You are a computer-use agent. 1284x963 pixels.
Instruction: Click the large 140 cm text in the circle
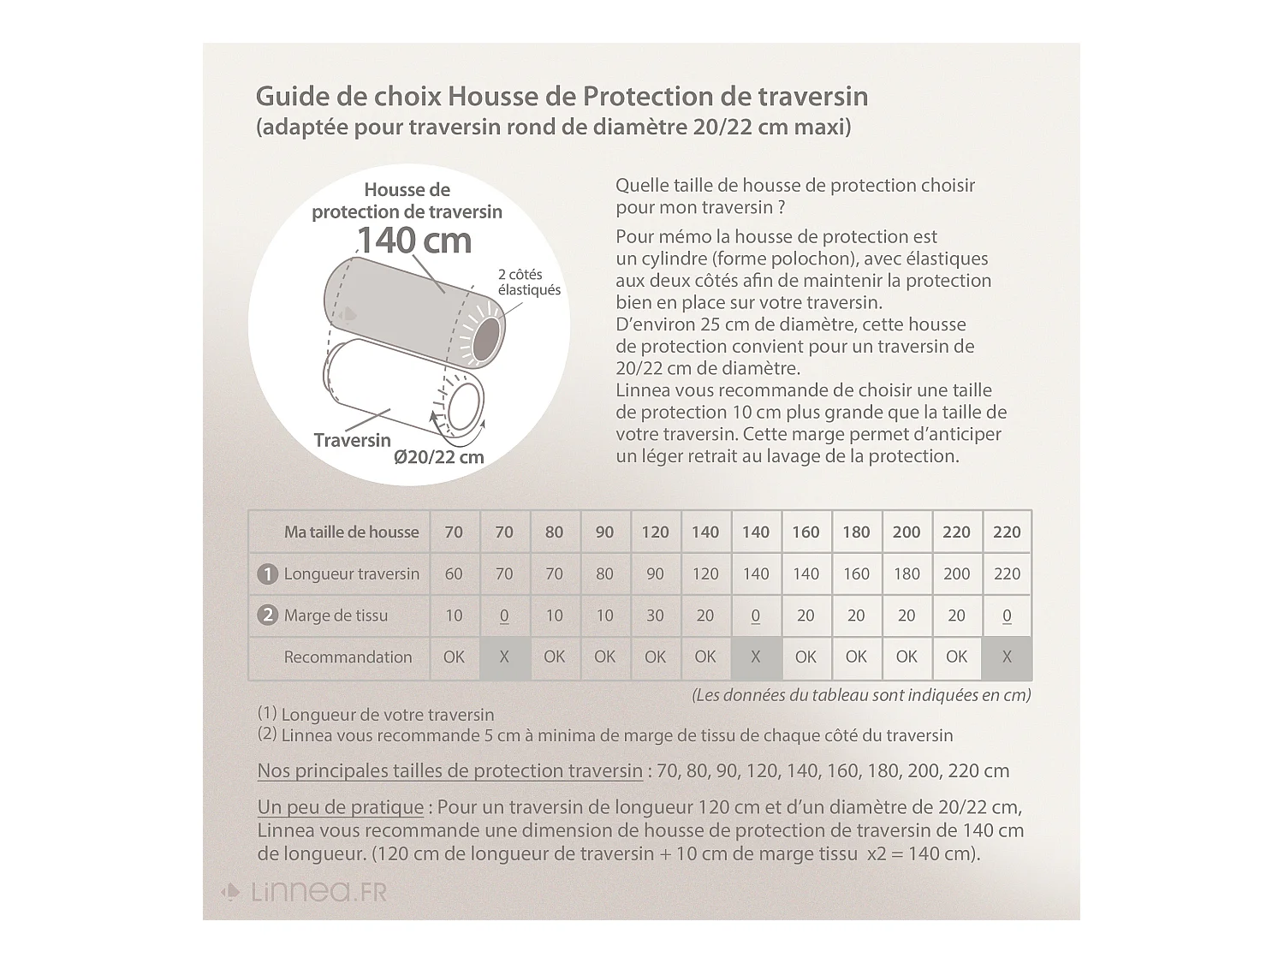click(413, 241)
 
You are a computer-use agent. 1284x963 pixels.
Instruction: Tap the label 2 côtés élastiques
click(528, 282)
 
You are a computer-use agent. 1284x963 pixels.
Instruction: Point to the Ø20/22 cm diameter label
click(439, 457)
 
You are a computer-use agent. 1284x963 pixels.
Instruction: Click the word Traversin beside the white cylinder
click(352, 440)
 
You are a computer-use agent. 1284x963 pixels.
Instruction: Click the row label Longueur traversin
click(351, 574)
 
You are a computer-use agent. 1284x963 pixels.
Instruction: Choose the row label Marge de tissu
click(336, 615)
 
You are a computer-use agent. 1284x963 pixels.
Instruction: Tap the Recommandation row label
click(348, 657)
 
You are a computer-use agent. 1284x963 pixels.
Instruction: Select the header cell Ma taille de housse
click(351, 532)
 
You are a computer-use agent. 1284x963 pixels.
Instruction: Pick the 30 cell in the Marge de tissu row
click(655, 615)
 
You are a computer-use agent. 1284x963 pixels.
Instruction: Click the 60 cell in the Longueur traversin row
click(454, 574)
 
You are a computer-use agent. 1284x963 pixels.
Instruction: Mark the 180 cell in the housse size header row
click(856, 532)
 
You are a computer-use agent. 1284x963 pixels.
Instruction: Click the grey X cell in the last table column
click(1007, 657)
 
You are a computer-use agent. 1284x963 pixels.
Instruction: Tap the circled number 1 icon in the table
click(267, 574)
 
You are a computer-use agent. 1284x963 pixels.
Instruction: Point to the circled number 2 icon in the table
click(267, 615)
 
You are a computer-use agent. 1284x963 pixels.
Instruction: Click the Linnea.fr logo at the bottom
click(305, 892)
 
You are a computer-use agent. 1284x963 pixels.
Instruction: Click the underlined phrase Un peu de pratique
click(341, 807)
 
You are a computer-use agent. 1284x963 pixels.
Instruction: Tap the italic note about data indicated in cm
click(860, 695)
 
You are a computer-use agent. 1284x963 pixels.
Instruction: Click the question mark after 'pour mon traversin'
click(781, 207)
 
